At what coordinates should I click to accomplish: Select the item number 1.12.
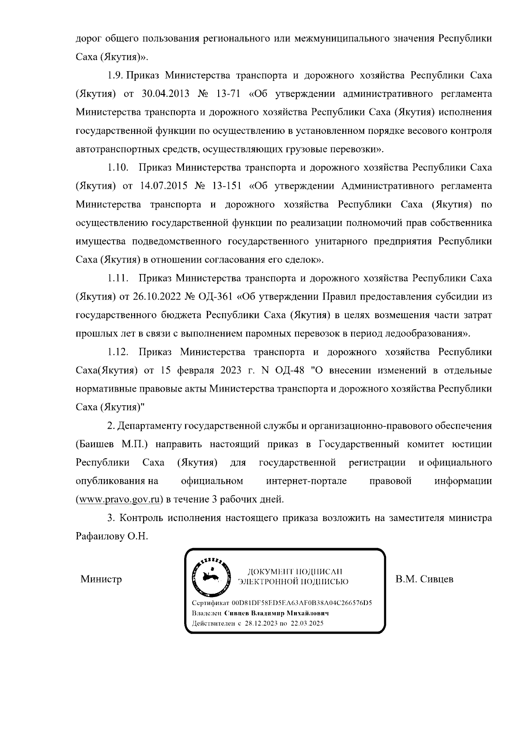(x=117, y=352)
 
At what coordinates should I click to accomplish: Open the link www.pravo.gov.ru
(x=118, y=500)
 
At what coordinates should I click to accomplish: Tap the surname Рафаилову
(x=97, y=536)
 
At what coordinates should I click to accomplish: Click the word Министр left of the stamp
(x=101, y=579)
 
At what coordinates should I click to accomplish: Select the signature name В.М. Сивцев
(x=424, y=579)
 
